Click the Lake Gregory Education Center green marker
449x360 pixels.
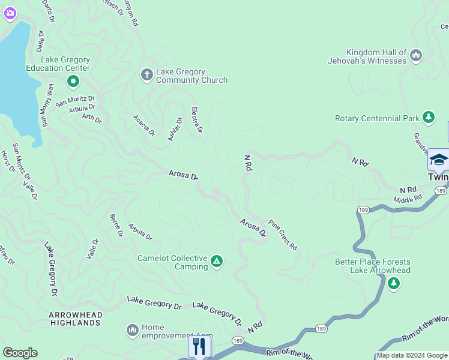(73, 80)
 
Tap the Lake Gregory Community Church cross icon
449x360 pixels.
(146, 75)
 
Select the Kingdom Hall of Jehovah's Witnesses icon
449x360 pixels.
(416, 56)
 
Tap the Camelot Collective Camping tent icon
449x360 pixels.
(217, 261)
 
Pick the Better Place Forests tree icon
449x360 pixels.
(393, 283)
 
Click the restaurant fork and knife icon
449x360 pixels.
(198, 346)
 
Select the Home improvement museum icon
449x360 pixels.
(133, 330)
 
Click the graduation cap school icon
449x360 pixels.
(438, 160)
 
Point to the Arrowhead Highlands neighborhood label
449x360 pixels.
(75, 319)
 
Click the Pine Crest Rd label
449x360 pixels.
(283, 235)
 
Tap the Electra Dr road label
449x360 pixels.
(197, 119)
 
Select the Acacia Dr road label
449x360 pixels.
(144, 125)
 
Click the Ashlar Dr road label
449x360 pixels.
(175, 128)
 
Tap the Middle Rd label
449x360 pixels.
(408, 199)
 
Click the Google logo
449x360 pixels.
(20, 353)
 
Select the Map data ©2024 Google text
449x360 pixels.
(412, 355)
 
